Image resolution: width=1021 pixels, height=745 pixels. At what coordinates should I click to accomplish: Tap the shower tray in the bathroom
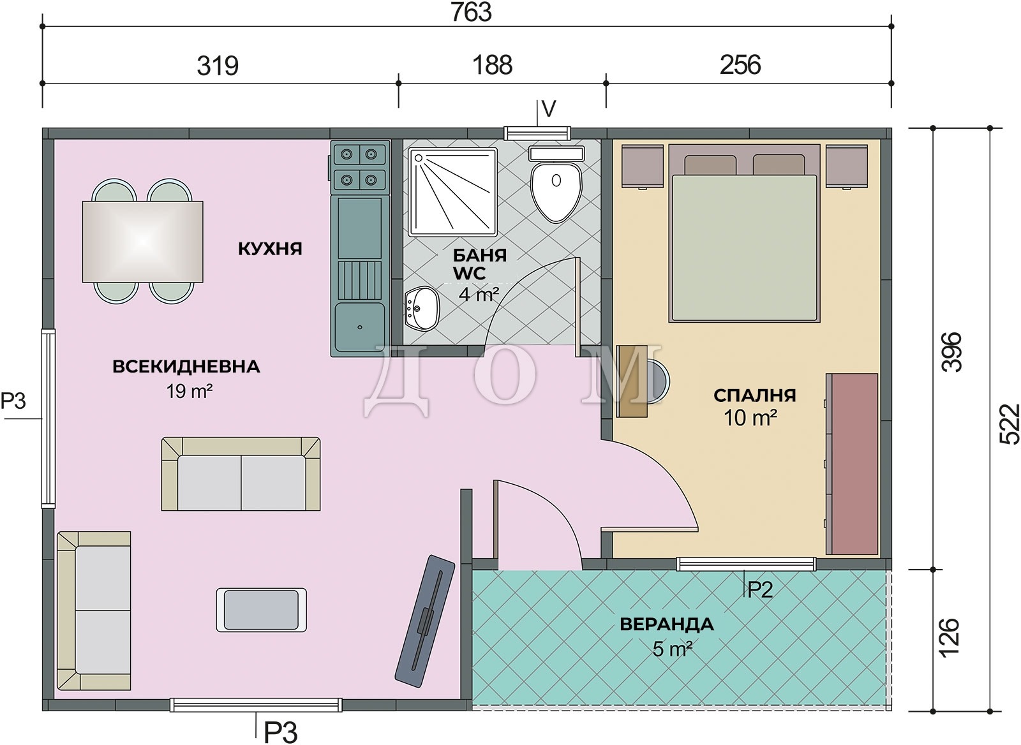click(452, 192)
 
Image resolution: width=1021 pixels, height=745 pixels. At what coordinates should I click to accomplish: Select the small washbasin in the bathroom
click(422, 309)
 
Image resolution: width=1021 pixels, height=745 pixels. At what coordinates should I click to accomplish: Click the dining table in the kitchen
click(143, 242)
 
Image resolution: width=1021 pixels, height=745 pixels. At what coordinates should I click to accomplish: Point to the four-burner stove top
click(361, 166)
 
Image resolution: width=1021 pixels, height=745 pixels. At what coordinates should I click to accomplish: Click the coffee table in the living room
click(261, 610)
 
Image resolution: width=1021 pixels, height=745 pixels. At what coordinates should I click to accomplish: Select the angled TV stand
click(425, 621)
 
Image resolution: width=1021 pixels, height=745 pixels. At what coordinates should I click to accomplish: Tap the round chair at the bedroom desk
click(659, 381)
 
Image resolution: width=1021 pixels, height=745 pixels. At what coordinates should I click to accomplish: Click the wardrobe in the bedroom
click(851, 464)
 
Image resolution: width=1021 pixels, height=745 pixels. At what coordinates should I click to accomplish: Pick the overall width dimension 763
click(472, 12)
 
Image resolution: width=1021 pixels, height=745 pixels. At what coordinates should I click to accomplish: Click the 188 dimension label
click(492, 65)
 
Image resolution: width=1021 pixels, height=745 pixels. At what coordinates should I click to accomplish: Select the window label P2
click(760, 589)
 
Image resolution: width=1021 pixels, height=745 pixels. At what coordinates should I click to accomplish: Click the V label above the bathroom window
click(549, 109)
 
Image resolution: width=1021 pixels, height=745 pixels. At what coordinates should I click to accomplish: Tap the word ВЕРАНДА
click(667, 624)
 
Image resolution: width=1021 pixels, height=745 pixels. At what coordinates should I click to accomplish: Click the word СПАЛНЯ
click(755, 395)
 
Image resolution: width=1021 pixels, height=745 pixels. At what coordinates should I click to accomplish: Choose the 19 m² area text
click(189, 391)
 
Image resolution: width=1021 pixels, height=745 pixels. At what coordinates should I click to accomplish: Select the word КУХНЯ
click(271, 249)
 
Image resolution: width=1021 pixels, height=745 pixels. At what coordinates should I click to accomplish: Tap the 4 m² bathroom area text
click(479, 294)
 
